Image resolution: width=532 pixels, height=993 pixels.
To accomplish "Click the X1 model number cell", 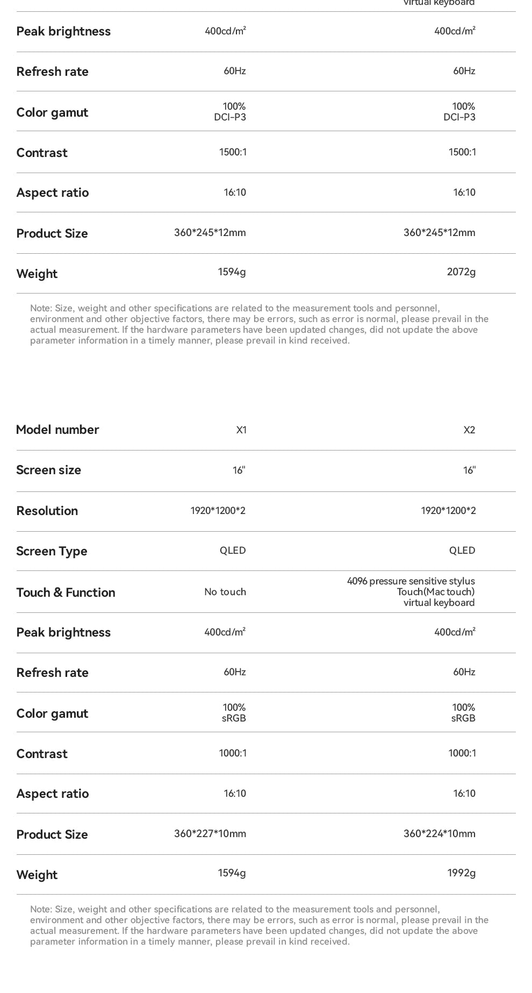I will tap(241, 430).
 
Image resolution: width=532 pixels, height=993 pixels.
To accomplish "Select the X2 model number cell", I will tap(469, 430).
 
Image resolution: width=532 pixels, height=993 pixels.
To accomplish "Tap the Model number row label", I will tap(57, 430).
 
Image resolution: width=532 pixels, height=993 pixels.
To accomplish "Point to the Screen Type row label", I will tap(52, 551).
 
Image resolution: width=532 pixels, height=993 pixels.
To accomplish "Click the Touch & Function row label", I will tap(66, 592).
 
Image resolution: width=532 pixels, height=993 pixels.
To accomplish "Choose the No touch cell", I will tap(225, 592).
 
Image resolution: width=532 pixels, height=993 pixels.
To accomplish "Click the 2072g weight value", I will tap(461, 272).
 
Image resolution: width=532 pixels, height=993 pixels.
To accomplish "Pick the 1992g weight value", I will tap(461, 873).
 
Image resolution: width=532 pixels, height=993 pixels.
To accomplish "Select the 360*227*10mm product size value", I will tap(210, 834).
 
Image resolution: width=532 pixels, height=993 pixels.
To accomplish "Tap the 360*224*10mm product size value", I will tap(440, 834).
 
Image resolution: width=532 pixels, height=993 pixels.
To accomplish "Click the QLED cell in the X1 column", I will tap(233, 551).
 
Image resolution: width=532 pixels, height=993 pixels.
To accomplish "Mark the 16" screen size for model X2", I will tap(469, 470).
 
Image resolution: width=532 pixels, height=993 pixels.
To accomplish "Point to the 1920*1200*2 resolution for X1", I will tap(218, 511).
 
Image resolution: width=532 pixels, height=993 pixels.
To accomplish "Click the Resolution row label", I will tap(47, 511).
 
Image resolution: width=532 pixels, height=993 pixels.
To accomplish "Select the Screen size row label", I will tap(48, 470).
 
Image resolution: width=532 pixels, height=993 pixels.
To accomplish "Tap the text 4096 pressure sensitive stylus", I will tap(411, 581).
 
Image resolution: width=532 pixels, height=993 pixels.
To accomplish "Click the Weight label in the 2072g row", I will tap(37, 274).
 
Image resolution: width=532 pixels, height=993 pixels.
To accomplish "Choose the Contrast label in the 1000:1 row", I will tap(42, 754).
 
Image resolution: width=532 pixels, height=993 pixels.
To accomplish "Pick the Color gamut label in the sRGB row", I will tap(52, 713).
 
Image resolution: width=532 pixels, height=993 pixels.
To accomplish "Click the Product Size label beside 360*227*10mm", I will tap(52, 834).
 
